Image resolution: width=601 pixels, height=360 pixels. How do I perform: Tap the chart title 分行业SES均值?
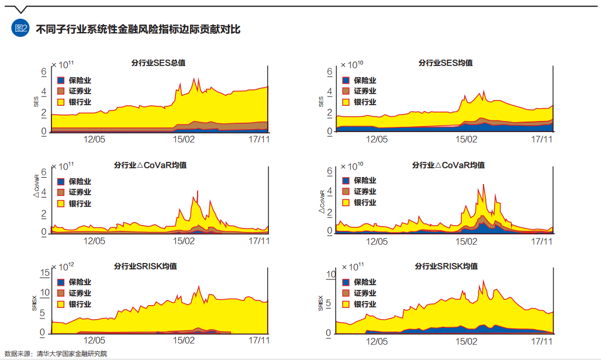[445, 63]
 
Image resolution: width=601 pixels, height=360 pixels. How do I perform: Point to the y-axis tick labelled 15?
[43, 273]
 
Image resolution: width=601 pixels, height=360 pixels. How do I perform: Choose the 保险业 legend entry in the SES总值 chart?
[80, 80]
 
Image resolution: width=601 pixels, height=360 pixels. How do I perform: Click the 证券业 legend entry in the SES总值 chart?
[80, 91]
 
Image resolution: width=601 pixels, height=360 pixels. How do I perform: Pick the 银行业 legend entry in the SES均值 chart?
[365, 102]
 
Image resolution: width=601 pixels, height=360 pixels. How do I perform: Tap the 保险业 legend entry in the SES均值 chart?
[365, 80]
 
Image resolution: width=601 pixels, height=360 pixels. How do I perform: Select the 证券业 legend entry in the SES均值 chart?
[365, 91]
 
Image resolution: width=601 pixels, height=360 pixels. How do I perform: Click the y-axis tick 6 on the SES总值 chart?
[43, 72]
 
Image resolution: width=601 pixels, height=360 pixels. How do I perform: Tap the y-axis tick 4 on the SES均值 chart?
[330, 92]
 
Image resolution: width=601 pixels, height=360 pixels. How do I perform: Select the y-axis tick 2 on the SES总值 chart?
[43, 112]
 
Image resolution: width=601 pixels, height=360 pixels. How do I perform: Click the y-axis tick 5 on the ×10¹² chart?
[43, 313]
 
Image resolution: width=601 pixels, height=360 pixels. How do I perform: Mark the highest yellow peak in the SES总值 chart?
[194, 79]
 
